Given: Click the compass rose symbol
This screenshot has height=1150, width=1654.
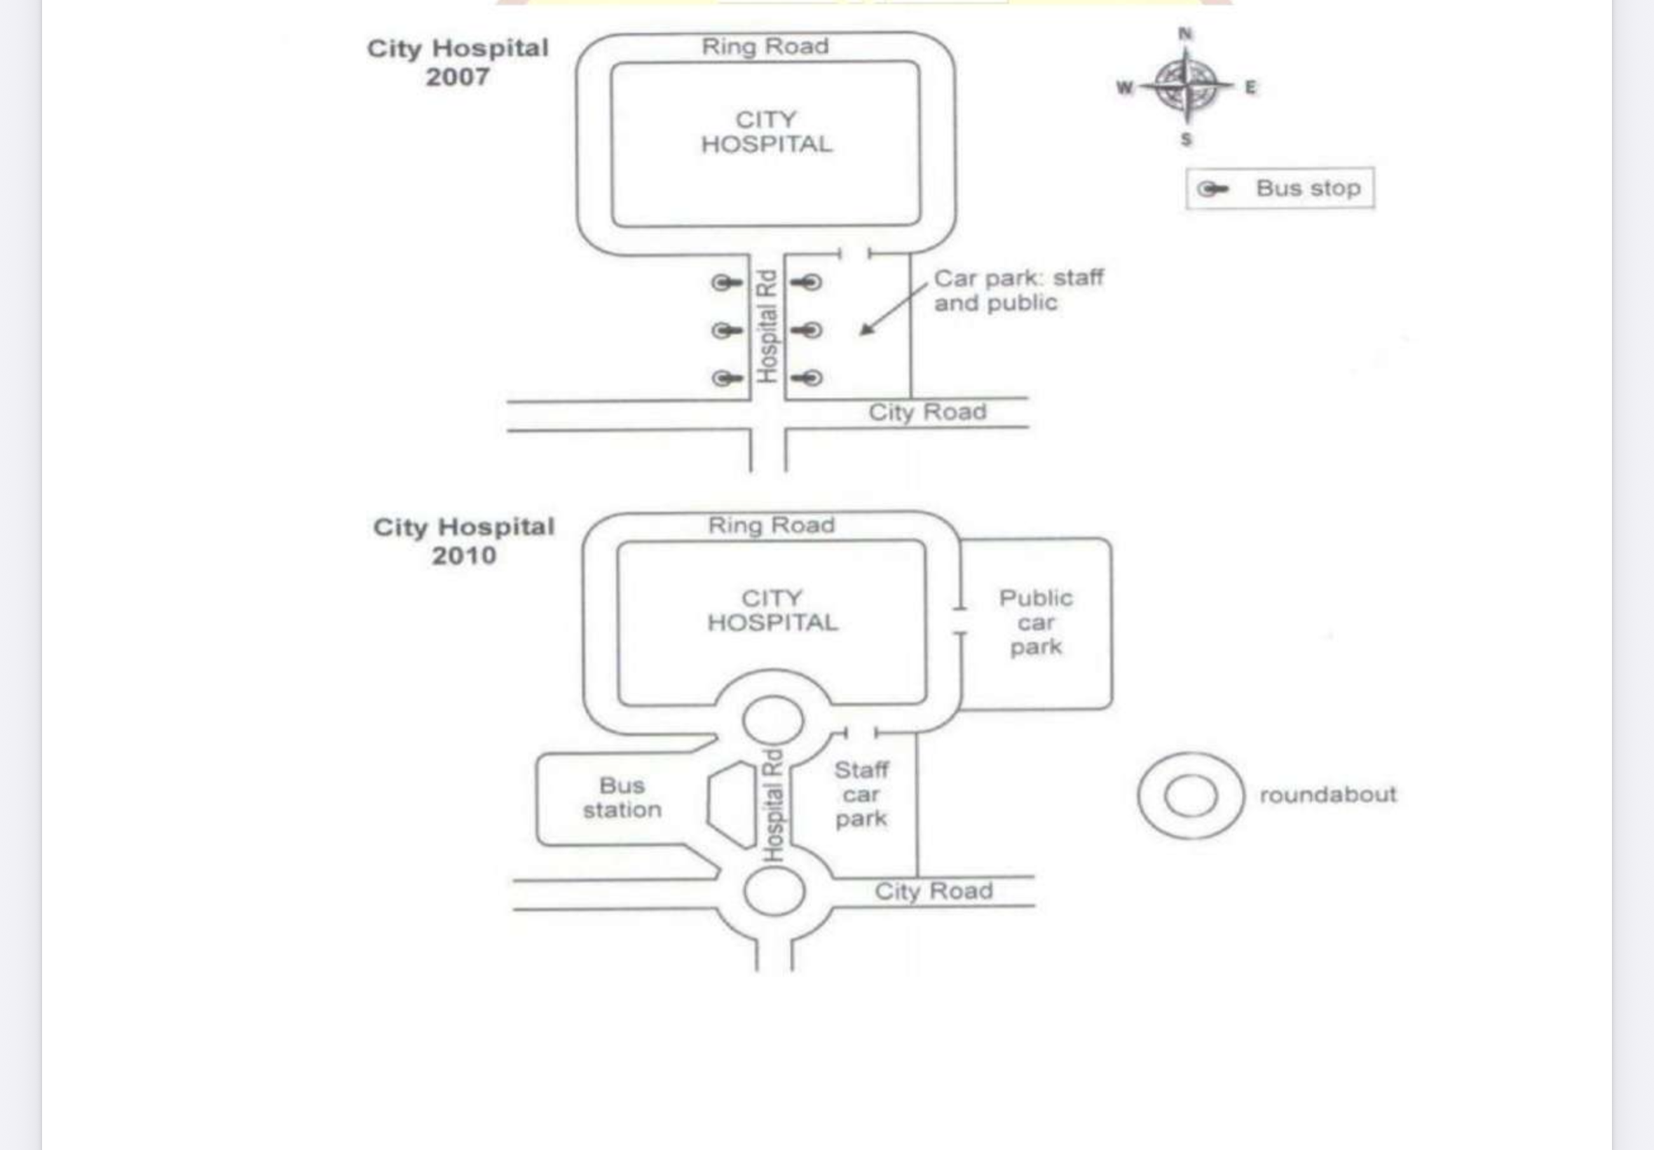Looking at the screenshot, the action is [1186, 86].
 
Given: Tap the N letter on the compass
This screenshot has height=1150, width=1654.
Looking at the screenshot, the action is [1185, 33].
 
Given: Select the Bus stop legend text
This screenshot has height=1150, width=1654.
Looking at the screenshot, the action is [1308, 188].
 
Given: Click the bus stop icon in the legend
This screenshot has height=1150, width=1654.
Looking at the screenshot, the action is [1212, 189].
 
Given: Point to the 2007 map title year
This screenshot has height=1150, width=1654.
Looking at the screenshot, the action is [457, 76].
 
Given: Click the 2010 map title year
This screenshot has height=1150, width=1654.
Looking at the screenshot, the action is [464, 555].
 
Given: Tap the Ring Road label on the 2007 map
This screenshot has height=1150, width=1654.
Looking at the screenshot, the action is [765, 46].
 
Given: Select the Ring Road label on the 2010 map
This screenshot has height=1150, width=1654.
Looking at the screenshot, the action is [771, 525].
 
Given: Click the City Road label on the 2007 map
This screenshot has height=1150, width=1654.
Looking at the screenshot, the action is [927, 412].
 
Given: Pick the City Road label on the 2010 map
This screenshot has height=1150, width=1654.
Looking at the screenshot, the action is [934, 891].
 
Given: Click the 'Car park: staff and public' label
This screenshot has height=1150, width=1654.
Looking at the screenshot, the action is [1018, 290].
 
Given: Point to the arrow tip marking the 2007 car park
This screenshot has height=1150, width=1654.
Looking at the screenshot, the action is [861, 334].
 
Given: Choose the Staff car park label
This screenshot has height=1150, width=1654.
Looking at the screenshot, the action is [861, 794].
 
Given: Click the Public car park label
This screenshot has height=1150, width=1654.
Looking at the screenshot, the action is [1036, 622].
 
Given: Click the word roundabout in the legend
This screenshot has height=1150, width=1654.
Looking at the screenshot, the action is [1328, 794].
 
